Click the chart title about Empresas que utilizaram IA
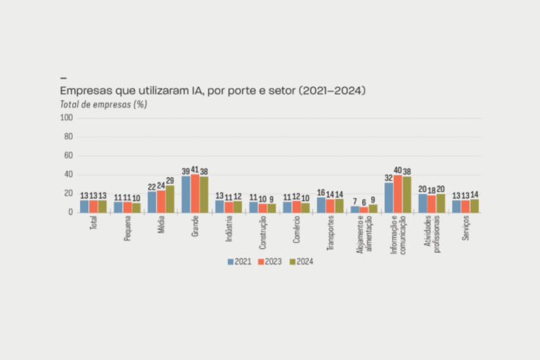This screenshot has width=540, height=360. [212, 91]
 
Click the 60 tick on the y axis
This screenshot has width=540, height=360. [69, 156]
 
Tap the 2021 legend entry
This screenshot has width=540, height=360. [241, 262]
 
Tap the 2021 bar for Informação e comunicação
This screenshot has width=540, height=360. [389, 198]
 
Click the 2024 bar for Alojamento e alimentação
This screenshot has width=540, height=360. [373, 208]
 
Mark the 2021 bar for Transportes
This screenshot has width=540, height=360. [321, 205]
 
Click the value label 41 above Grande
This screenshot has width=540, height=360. [195, 169]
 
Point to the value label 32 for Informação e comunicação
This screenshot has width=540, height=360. [389, 178]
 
